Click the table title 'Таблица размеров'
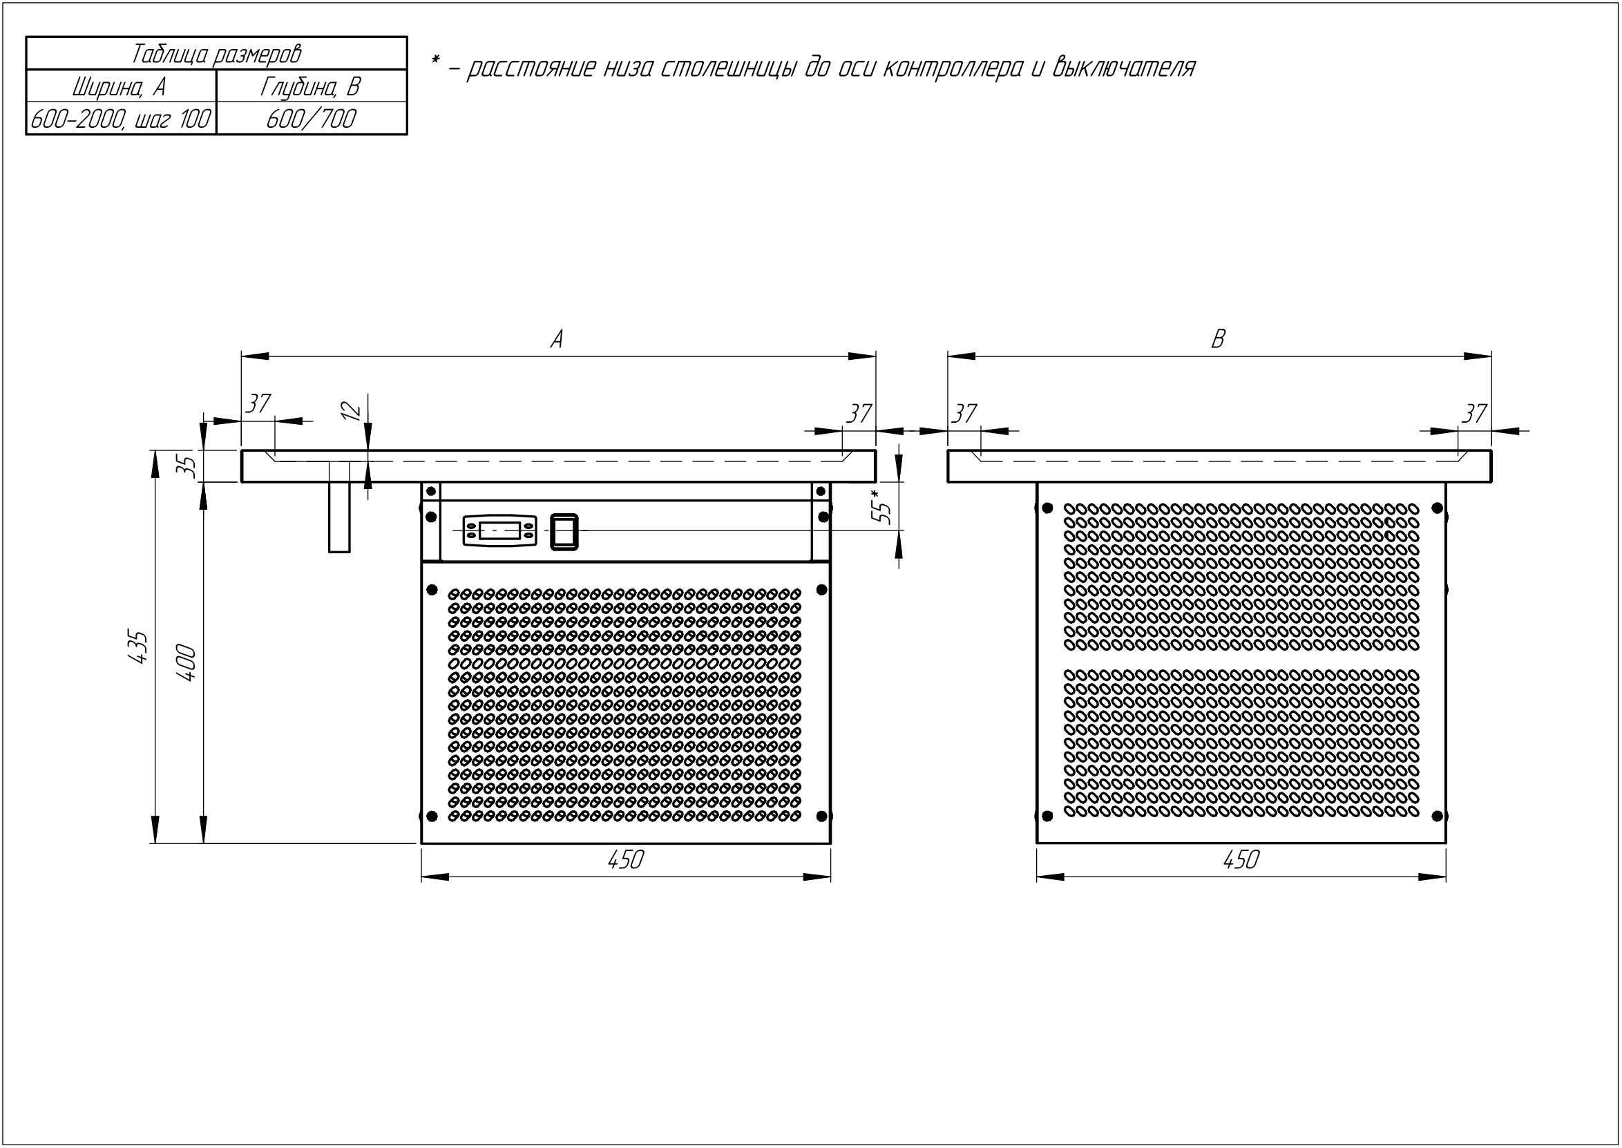(216, 54)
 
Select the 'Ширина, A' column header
(120, 87)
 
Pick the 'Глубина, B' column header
(311, 87)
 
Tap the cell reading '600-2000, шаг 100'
(121, 119)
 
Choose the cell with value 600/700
(311, 119)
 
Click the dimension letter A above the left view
(557, 340)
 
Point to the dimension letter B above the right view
(1218, 340)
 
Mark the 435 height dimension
(140, 646)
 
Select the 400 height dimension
(187, 662)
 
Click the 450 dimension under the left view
(625, 860)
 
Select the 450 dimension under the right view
(1241, 860)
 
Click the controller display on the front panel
(499, 530)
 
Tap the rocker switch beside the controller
(564, 531)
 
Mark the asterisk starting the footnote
(435, 62)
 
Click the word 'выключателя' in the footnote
(1123, 68)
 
